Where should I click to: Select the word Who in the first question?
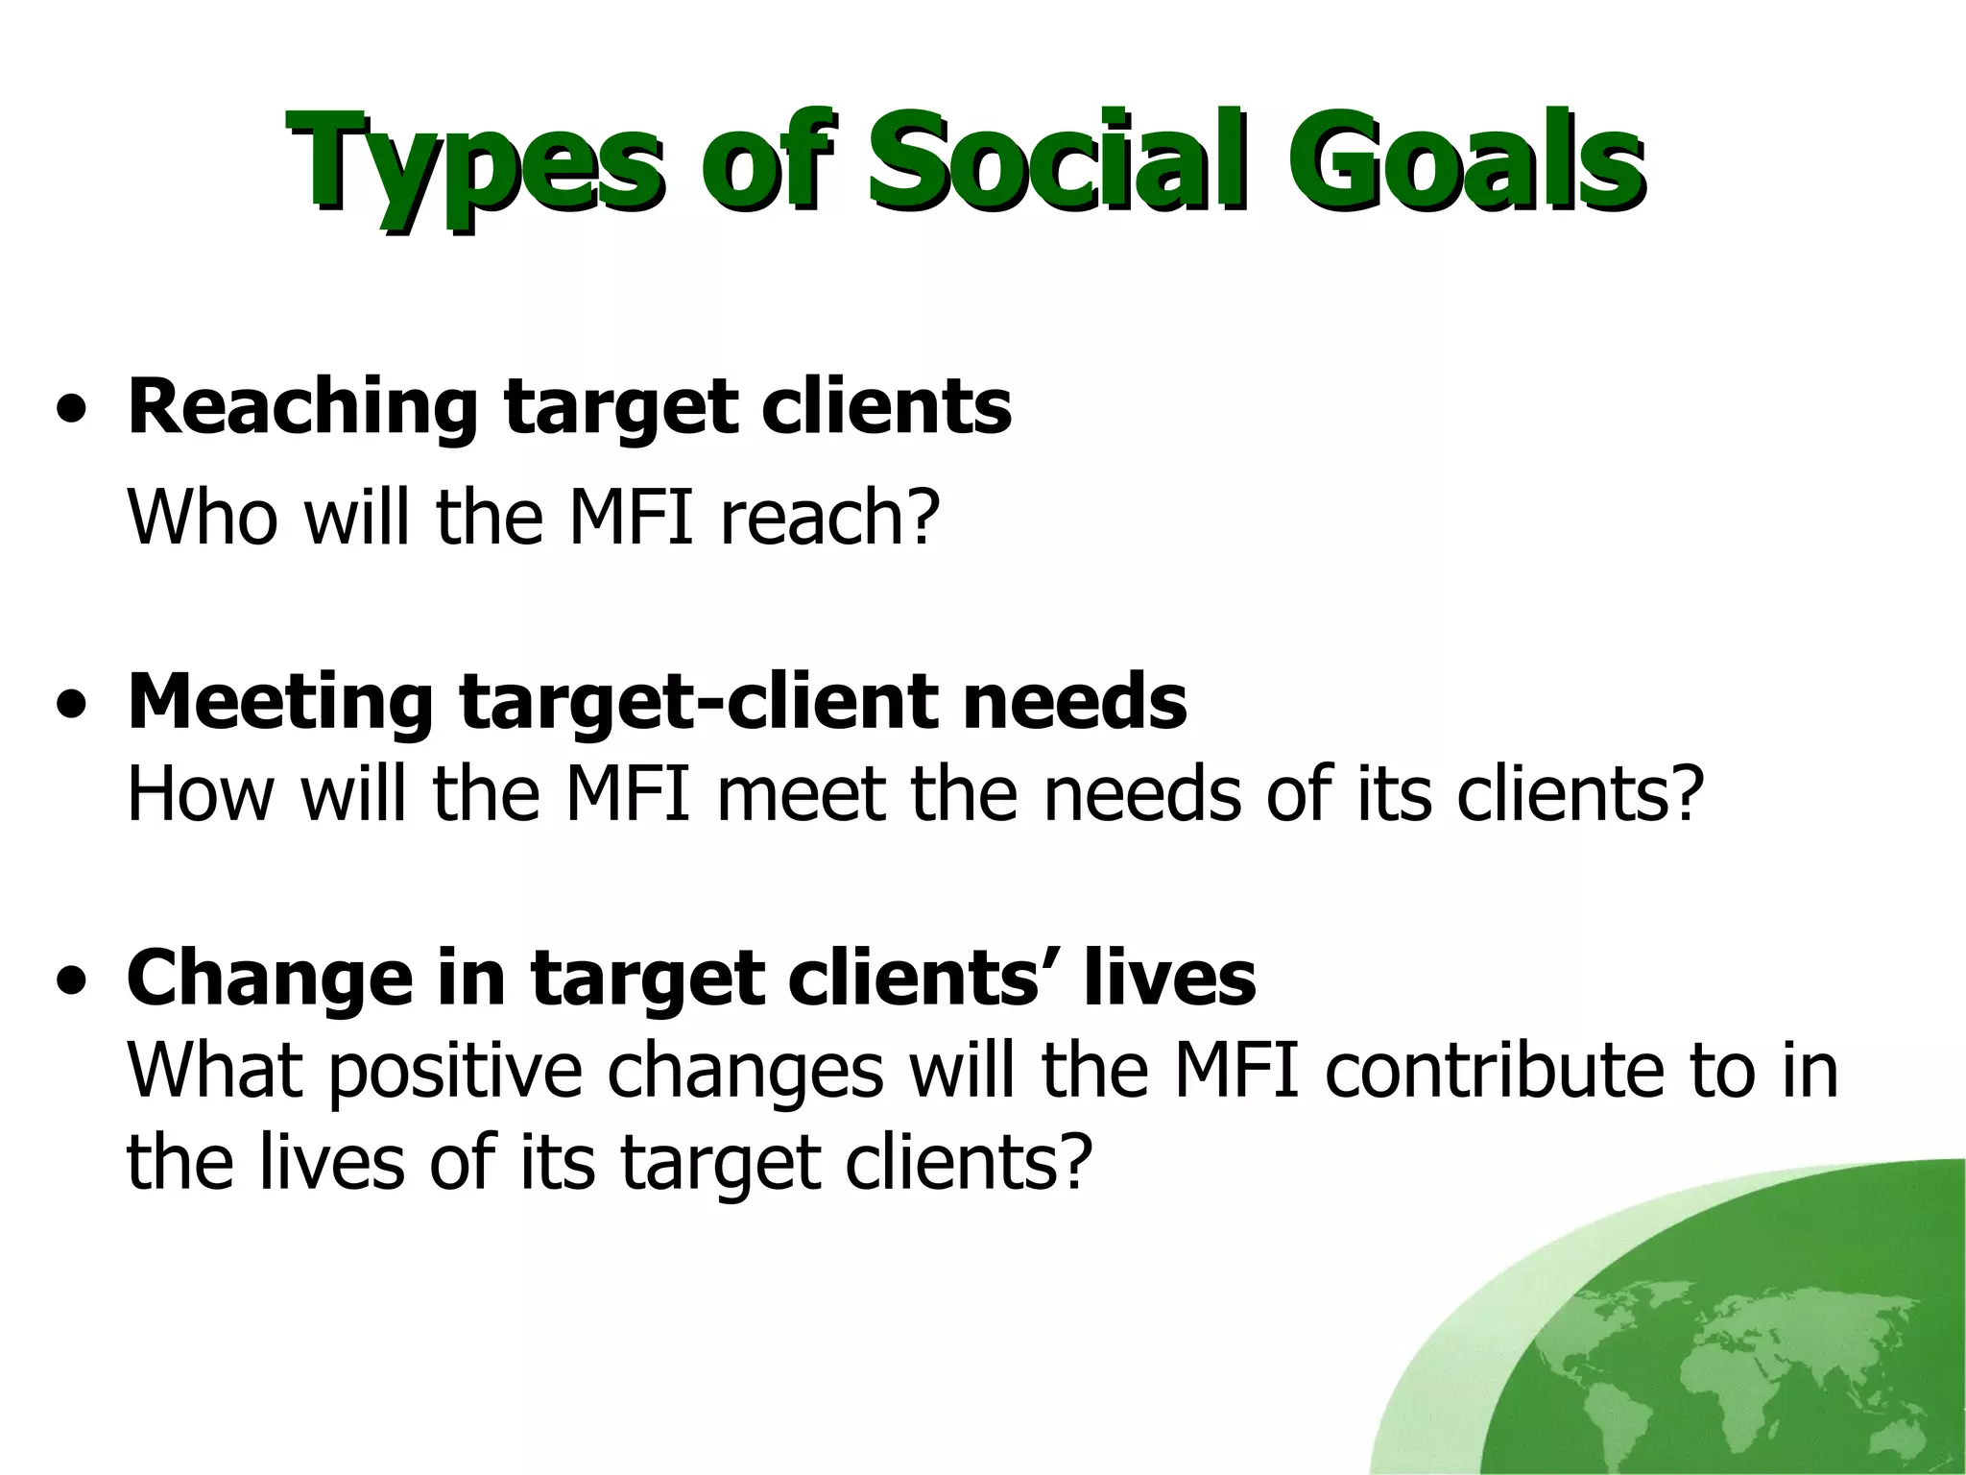203,518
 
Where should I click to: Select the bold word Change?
259,979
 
